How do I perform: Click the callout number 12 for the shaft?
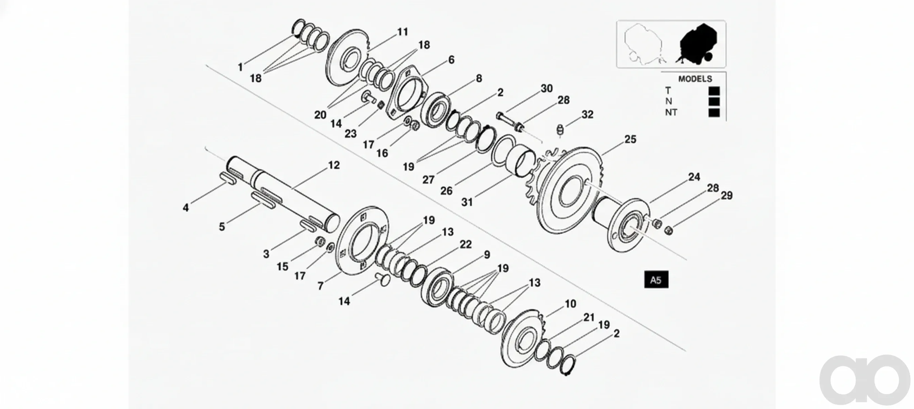click(334, 165)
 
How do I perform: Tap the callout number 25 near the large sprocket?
click(630, 139)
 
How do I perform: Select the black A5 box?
click(656, 279)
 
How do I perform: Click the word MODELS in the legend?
click(695, 79)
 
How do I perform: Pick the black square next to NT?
click(714, 112)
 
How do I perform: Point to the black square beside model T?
click(714, 91)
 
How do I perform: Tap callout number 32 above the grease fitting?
click(587, 114)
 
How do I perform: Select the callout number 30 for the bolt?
click(546, 88)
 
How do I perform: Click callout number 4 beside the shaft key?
click(186, 208)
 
